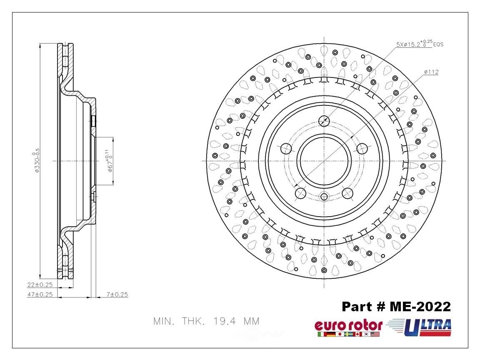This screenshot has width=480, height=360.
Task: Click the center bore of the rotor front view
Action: click(324, 161)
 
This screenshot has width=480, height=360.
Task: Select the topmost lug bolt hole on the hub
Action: click(324, 121)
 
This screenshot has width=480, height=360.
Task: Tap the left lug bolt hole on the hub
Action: click(286, 148)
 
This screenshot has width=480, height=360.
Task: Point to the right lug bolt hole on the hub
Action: click(362, 148)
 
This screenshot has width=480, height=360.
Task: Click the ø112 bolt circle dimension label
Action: click(431, 72)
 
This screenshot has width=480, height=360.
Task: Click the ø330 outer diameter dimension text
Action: click(37, 161)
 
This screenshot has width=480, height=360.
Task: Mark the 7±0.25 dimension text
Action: click(117, 295)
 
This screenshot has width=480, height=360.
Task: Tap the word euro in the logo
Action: click(327, 325)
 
